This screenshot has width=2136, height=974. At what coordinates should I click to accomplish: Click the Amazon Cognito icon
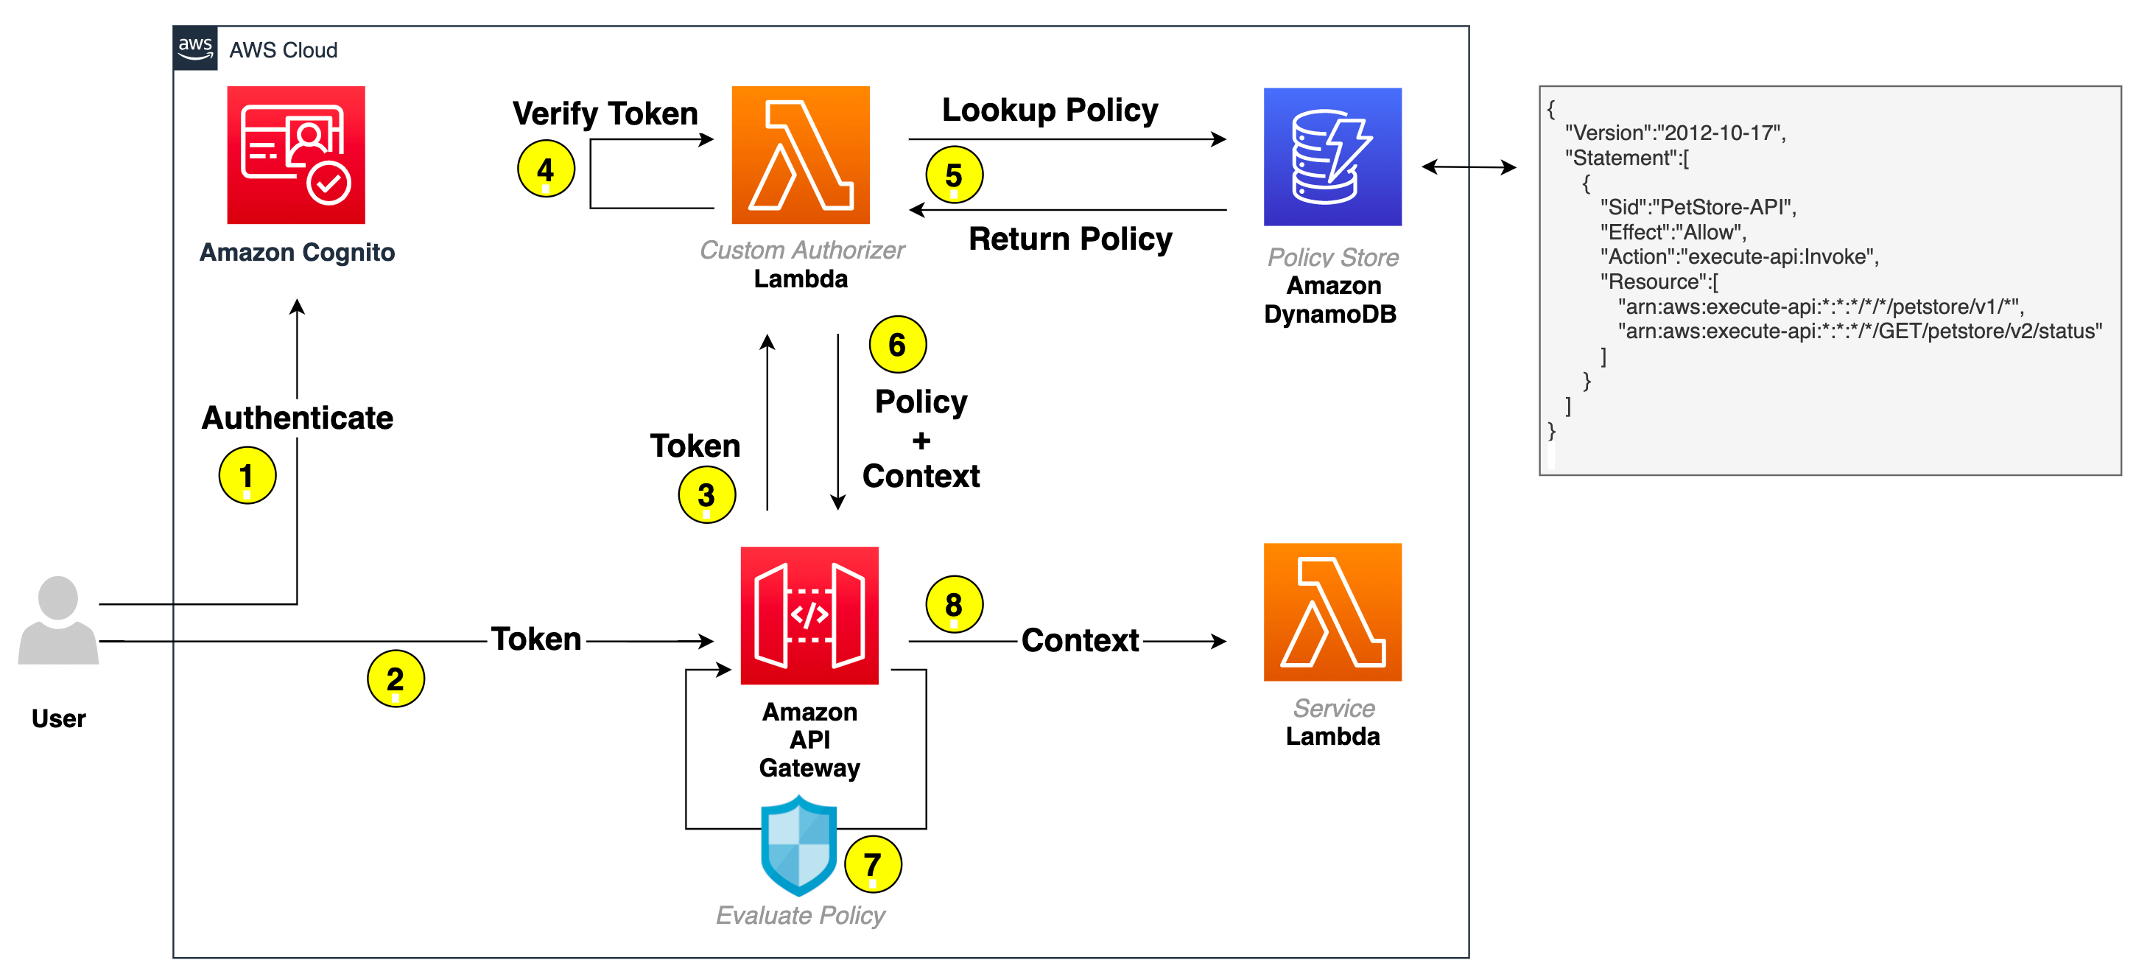296,155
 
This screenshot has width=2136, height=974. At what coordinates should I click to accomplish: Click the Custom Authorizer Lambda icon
800,155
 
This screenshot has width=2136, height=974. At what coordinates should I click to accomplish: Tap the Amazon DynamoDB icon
1332,157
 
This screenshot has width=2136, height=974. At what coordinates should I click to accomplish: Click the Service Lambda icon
1332,612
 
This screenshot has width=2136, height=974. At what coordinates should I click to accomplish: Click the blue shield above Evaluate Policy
798,845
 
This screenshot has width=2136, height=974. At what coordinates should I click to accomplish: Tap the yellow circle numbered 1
247,475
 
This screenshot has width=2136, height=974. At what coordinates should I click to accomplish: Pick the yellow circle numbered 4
546,169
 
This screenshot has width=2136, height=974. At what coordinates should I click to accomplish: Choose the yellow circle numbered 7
872,864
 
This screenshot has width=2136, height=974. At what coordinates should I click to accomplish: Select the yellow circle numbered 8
954,604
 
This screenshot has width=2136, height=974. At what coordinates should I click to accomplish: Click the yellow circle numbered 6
897,344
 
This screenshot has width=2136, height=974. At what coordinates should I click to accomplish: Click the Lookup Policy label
1050,111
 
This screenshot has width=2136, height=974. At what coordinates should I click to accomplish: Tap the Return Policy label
1069,239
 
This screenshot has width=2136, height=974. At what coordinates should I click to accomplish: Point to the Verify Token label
605,113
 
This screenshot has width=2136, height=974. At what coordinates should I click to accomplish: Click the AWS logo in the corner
196,48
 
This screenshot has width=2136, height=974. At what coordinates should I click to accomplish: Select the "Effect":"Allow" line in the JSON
1673,232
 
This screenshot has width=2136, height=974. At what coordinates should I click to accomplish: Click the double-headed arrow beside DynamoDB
1469,167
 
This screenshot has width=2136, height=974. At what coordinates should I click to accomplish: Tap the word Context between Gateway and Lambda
1080,640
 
